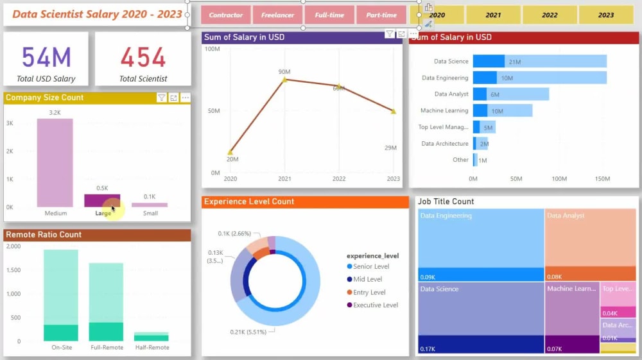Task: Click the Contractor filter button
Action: click(x=226, y=15)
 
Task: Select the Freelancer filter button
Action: click(x=277, y=15)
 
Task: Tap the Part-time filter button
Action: click(x=381, y=15)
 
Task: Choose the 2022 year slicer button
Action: click(x=550, y=15)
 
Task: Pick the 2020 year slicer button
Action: click(x=437, y=15)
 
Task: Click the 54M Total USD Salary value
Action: click(x=46, y=58)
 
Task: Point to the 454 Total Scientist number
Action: click(x=143, y=58)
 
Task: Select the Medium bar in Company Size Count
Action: click(x=55, y=163)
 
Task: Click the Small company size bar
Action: click(x=150, y=205)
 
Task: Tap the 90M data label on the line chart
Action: click(x=284, y=71)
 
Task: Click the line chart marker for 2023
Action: click(x=393, y=112)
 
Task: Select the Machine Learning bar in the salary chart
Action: click(x=503, y=111)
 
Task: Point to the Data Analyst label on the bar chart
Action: click(x=451, y=94)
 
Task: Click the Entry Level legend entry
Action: click(x=369, y=293)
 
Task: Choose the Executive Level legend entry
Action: click(x=375, y=305)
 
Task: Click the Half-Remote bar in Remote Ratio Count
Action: click(x=152, y=336)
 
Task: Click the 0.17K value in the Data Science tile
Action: click(x=428, y=349)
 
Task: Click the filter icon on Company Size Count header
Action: click(x=162, y=98)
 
